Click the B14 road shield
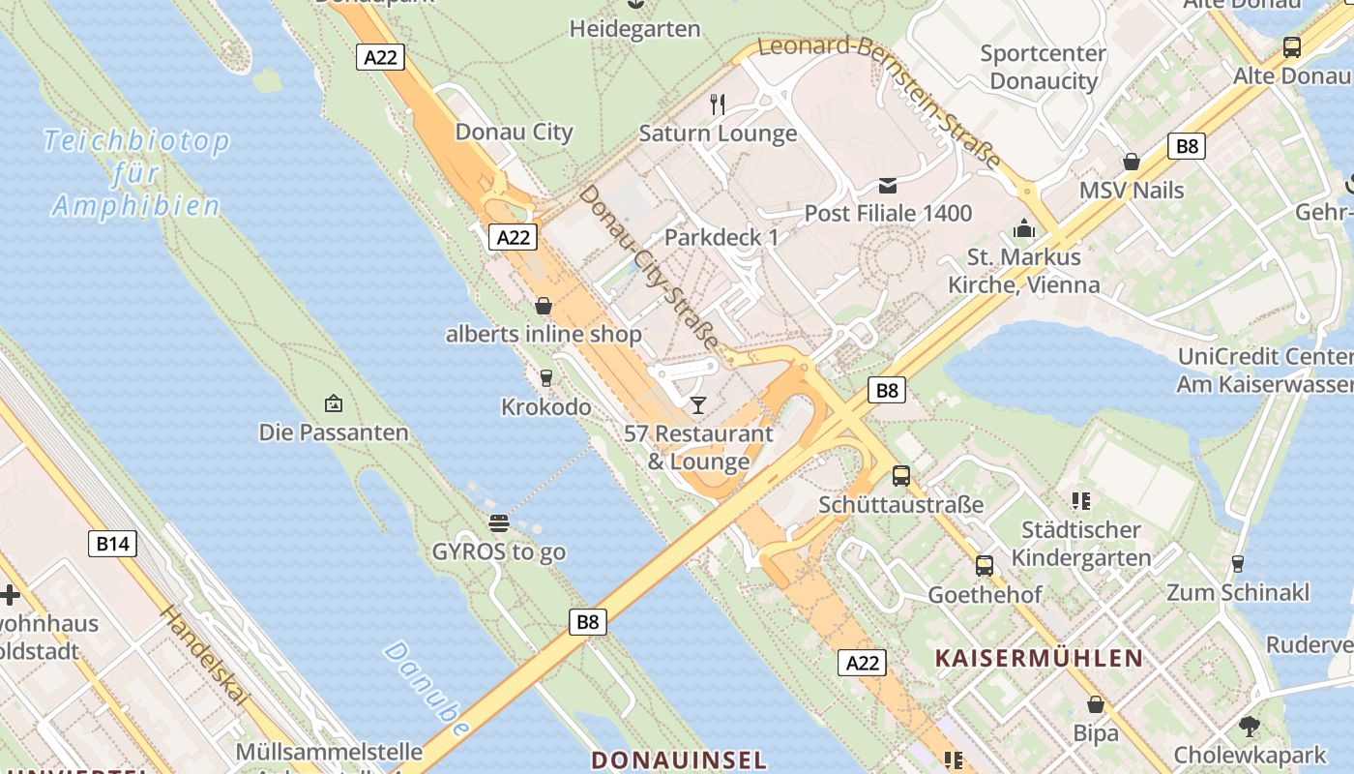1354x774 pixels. click(112, 544)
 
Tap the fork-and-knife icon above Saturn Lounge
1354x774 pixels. click(718, 104)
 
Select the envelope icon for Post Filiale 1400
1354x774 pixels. click(888, 185)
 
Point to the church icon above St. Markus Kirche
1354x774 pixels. click(1023, 229)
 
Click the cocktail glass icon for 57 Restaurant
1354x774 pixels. click(698, 404)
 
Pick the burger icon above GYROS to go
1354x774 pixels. click(499, 523)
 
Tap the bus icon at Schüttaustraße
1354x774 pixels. click(900, 475)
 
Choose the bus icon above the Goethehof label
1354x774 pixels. click(984, 566)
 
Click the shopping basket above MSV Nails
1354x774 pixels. click(1131, 162)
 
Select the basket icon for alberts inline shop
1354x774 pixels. click(544, 306)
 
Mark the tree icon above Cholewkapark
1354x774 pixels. click(1250, 725)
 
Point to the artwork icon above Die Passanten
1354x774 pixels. click(334, 402)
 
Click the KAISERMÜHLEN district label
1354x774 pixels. click(1039, 659)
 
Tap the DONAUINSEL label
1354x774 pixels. click(678, 759)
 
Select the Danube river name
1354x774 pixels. click(427, 688)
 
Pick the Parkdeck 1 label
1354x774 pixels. click(721, 237)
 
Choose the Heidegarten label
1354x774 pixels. click(634, 29)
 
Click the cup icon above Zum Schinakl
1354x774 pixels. click(1237, 563)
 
